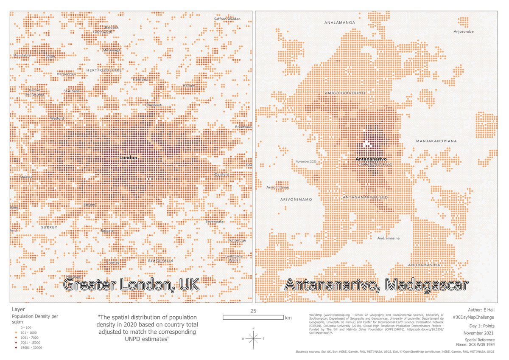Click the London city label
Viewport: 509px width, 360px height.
click(x=129, y=158)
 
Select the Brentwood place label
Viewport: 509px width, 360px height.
click(x=244, y=127)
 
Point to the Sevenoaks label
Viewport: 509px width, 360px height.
click(x=214, y=222)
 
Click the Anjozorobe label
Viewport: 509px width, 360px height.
click(x=466, y=31)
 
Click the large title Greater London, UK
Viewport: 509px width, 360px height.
click(x=131, y=285)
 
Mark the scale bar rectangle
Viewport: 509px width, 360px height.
click(x=253, y=317)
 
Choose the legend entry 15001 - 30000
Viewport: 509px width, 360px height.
click(x=30, y=348)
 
